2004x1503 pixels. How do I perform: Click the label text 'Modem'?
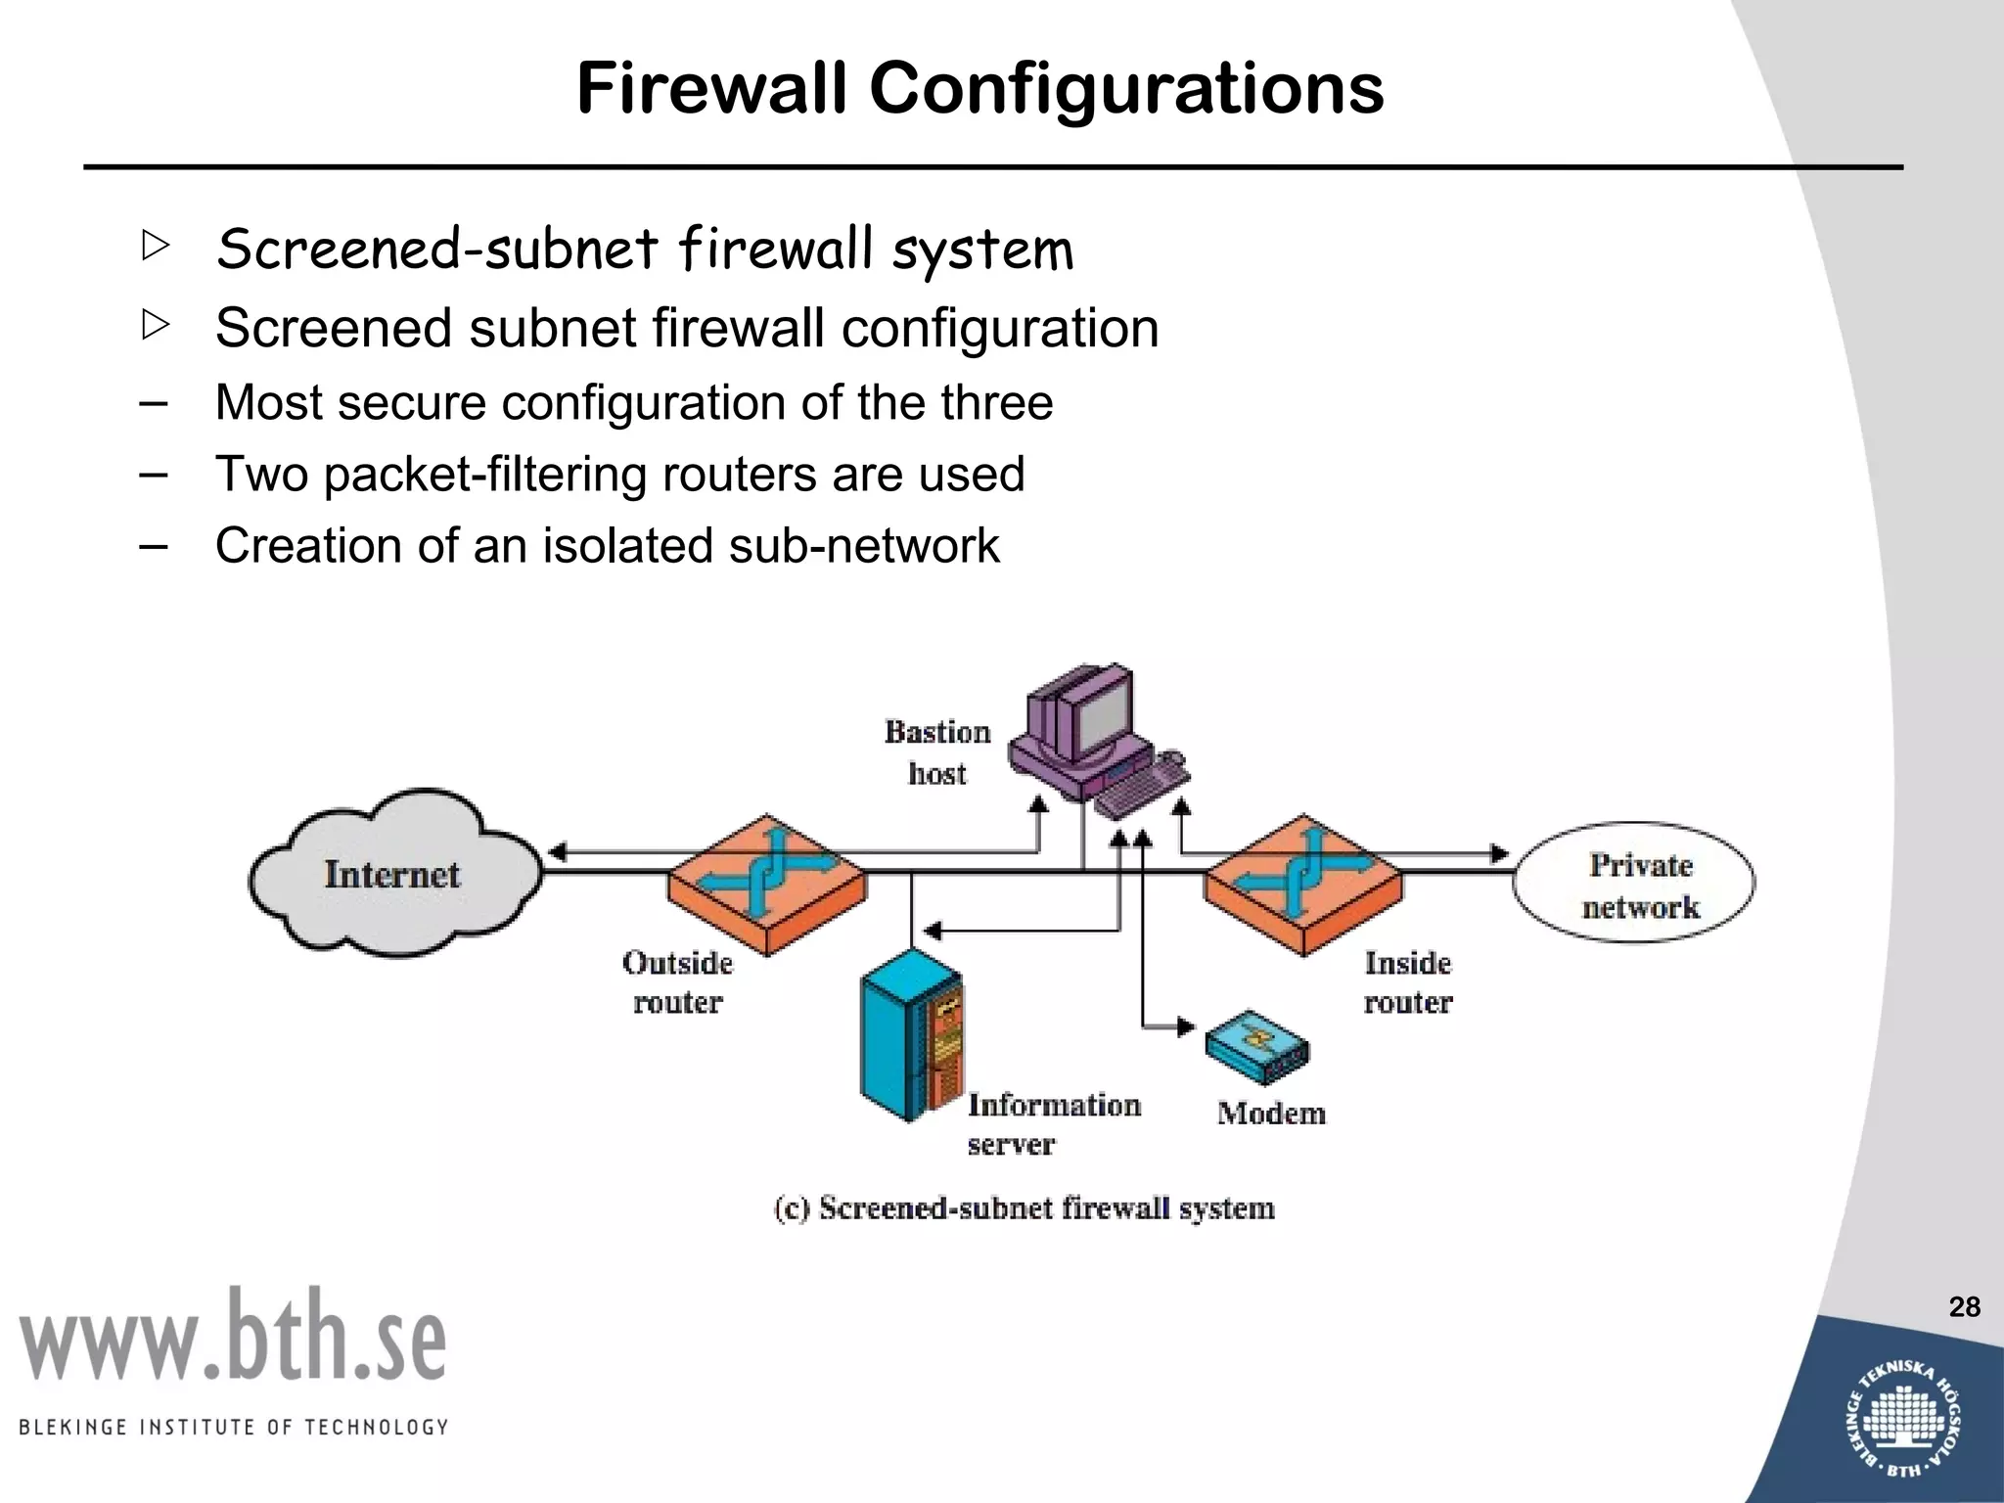pyautogui.click(x=1271, y=1114)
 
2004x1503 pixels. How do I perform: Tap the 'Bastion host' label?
pyautogui.click(x=936, y=752)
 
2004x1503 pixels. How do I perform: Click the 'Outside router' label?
pyautogui.click(x=677, y=982)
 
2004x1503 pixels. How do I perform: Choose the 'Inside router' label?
pyautogui.click(x=1408, y=982)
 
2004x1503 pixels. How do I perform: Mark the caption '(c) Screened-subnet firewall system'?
pyautogui.click(x=1025, y=1208)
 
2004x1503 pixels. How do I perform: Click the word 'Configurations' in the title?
pyautogui.click(x=1126, y=88)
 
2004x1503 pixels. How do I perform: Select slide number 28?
pyautogui.click(x=1964, y=1307)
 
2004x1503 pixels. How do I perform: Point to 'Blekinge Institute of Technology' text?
pyautogui.click(x=233, y=1427)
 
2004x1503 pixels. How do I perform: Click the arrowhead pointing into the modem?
pyautogui.click(x=1186, y=1027)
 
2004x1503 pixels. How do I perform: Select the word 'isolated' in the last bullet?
pyautogui.click(x=629, y=545)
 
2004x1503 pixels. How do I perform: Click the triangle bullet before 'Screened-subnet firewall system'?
pyautogui.click(x=155, y=245)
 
